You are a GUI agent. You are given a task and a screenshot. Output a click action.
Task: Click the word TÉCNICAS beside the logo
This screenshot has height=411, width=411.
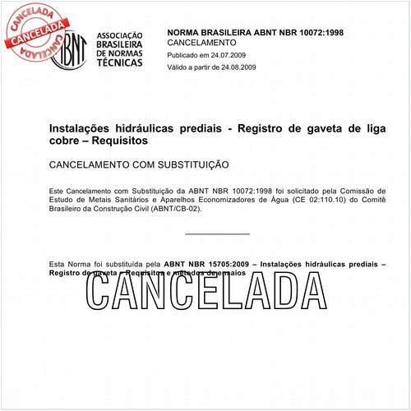(x=118, y=72)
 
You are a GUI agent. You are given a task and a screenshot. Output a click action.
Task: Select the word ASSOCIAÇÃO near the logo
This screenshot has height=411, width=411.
(x=119, y=36)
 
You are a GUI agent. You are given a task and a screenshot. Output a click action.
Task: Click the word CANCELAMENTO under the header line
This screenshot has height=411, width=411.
(x=201, y=42)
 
